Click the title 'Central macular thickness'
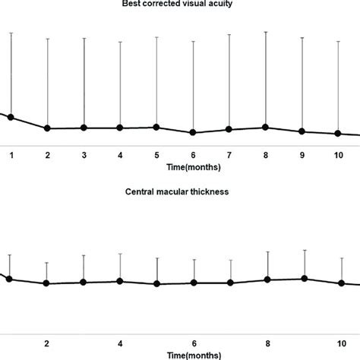pos(177,191)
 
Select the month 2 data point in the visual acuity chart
pos(47,128)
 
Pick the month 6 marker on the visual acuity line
pos(193,132)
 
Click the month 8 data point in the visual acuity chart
pos(265,127)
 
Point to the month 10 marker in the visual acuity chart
pos(338,134)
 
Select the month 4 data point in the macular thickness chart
pos(120,281)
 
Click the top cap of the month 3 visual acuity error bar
pos(84,38)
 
